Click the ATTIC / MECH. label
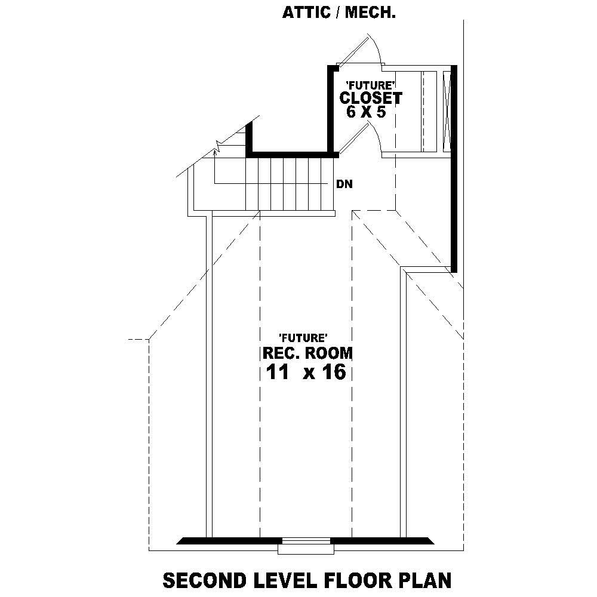tap(338, 13)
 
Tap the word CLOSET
tap(370, 97)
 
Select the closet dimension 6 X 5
tap(362, 112)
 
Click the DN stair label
tap(344, 184)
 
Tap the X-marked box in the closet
tap(447, 112)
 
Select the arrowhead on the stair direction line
tap(214, 154)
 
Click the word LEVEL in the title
tap(284, 580)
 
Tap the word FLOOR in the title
tap(356, 580)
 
